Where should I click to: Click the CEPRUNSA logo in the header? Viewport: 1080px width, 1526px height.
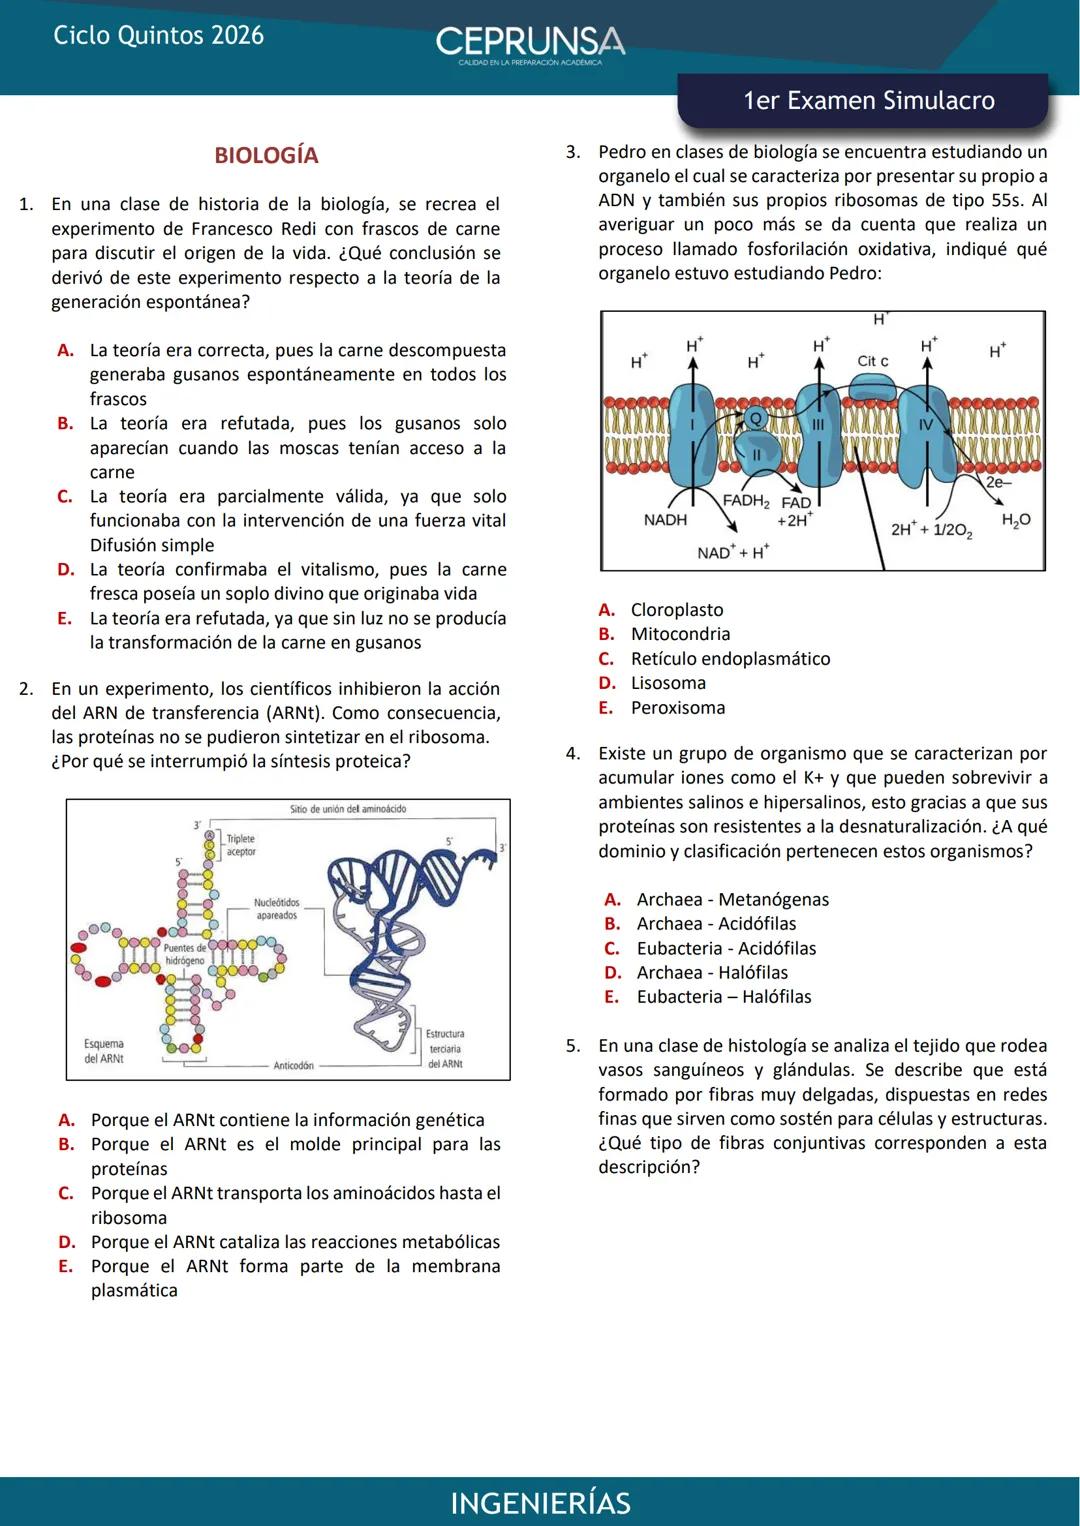click(x=530, y=43)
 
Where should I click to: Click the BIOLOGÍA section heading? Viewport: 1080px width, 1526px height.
click(x=266, y=156)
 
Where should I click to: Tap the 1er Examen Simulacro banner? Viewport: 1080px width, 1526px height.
click(x=868, y=101)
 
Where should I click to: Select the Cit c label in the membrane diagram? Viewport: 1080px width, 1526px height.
click(x=872, y=361)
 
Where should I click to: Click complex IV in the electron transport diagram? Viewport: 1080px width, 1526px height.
click(x=926, y=425)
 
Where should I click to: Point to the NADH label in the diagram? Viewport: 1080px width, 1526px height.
click(x=665, y=520)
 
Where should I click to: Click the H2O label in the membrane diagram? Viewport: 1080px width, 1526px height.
click(x=1016, y=520)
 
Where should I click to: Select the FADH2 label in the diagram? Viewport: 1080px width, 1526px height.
click(x=745, y=501)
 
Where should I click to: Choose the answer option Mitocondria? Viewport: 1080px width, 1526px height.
click(x=680, y=634)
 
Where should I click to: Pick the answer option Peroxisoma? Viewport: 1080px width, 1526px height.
click(x=677, y=708)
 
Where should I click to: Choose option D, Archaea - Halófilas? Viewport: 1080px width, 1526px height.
click(x=711, y=973)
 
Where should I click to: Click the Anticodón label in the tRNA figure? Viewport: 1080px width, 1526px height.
click(x=293, y=1066)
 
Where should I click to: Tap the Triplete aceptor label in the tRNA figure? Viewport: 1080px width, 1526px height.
click(x=241, y=845)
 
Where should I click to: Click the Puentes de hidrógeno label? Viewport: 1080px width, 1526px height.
click(x=185, y=954)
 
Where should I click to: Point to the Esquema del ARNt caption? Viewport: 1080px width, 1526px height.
click(x=104, y=1051)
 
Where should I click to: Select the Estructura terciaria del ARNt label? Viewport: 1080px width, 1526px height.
click(x=445, y=1049)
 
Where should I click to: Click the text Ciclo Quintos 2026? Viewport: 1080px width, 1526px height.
click(x=158, y=36)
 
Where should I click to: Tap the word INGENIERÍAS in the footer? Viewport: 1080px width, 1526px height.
click(x=540, y=1503)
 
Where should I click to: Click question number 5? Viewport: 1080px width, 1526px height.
click(x=572, y=1046)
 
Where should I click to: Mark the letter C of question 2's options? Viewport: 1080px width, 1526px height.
click(x=66, y=1193)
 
